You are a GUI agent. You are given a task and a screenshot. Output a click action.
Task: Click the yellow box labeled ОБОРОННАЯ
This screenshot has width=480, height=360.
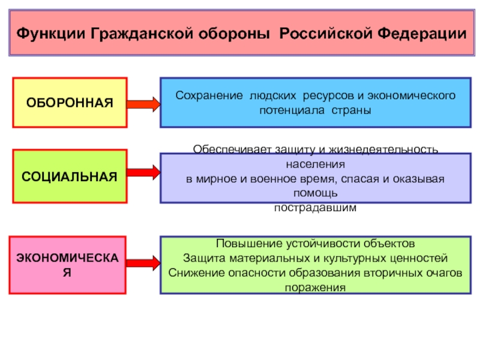pos(70,103)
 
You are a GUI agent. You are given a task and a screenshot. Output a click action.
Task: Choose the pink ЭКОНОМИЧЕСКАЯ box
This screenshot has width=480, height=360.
pos(70,265)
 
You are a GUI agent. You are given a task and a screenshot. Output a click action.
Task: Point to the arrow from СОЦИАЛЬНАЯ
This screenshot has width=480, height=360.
pos(144,173)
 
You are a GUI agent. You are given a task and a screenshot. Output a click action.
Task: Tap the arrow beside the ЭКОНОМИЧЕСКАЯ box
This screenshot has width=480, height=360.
pos(144,263)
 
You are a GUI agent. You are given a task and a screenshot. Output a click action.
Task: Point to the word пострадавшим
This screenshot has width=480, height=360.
pos(315,208)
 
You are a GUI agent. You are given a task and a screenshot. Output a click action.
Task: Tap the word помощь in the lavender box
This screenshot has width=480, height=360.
pos(315,193)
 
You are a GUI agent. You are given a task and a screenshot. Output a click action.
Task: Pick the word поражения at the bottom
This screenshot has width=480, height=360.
pos(316,287)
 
